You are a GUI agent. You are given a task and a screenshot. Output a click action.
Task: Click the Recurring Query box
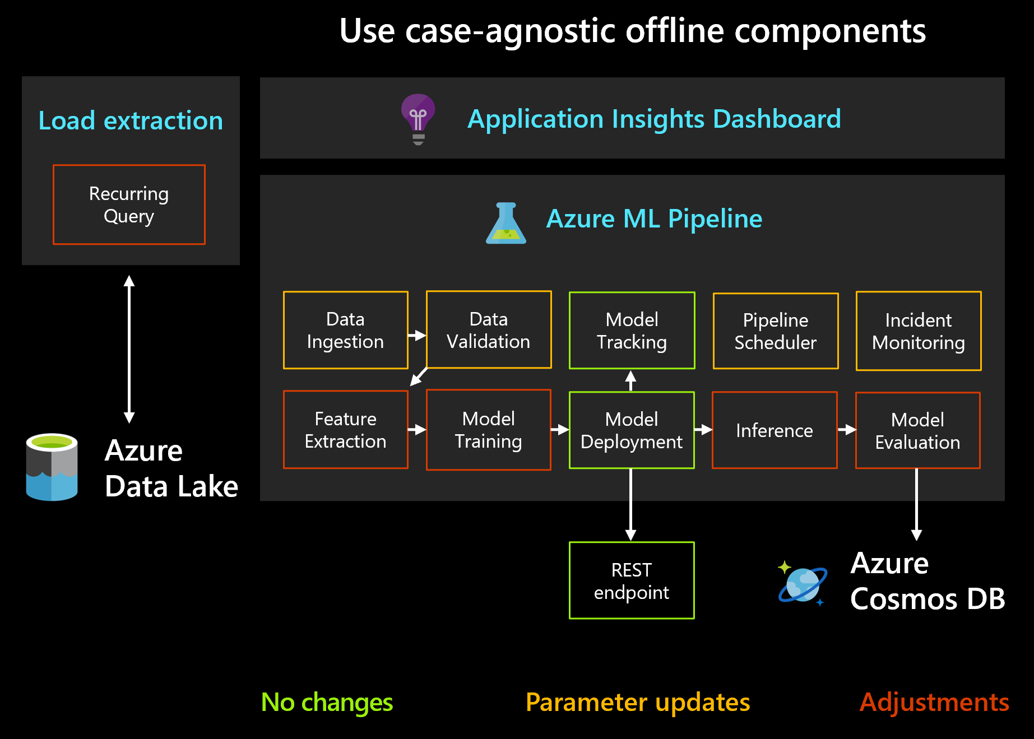[129, 204]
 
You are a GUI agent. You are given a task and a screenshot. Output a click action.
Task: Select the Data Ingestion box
[345, 330]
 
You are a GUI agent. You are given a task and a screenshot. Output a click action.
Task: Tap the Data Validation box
[489, 329]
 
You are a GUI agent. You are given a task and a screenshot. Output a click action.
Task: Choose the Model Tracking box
[632, 331]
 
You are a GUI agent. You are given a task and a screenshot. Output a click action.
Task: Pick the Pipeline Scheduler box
[775, 331]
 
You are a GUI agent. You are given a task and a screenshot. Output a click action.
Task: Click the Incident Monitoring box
[918, 331]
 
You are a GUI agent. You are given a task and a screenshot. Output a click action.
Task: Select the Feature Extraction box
[345, 430]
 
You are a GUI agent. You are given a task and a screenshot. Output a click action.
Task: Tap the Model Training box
[488, 430]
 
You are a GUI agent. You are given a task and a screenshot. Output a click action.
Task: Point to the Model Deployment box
[632, 430]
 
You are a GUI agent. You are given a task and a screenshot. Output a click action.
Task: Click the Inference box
[775, 430]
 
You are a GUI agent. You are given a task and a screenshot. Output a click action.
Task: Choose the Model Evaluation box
[917, 430]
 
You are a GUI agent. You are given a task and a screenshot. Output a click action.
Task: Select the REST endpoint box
[632, 580]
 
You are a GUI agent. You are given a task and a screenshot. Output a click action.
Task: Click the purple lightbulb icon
[418, 118]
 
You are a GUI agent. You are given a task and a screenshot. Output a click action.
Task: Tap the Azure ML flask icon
[506, 224]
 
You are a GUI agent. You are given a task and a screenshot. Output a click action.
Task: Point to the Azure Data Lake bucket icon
[52, 467]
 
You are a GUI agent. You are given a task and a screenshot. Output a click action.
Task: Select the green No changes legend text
[327, 702]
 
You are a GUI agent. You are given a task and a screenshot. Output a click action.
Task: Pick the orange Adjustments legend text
[934, 702]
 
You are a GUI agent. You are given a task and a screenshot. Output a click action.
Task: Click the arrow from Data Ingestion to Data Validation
[417, 335]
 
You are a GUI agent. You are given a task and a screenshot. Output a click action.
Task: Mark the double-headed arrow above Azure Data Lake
[129, 349]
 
